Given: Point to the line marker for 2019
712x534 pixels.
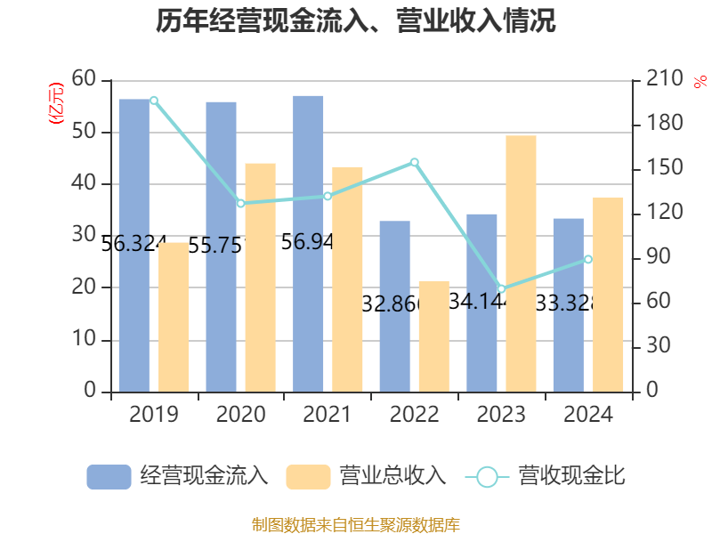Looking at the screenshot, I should [154, 101].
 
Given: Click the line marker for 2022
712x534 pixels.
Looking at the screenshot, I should [415, 162].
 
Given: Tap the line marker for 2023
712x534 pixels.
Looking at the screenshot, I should [501, 289].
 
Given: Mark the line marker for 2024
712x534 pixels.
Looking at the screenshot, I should [588, 259].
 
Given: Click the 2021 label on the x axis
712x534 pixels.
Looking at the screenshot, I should [328, 415].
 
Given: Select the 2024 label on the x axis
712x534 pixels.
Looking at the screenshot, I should [588, 415].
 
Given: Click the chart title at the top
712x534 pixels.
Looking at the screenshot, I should [356, 21].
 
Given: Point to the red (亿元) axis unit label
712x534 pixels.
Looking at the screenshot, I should [55, 102].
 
